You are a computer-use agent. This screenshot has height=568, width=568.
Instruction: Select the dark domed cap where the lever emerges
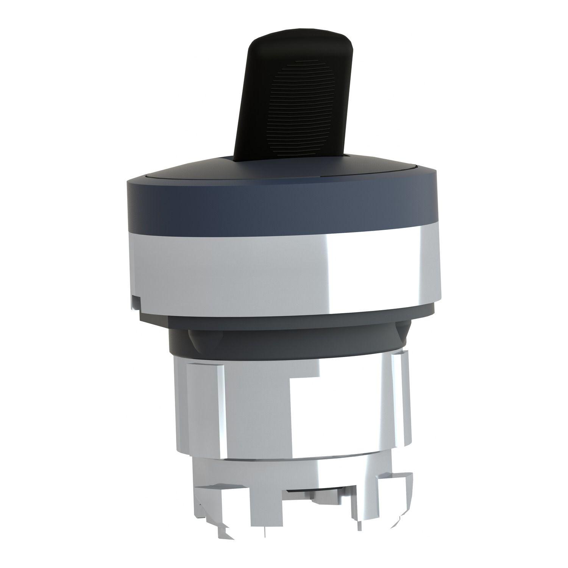235,170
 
